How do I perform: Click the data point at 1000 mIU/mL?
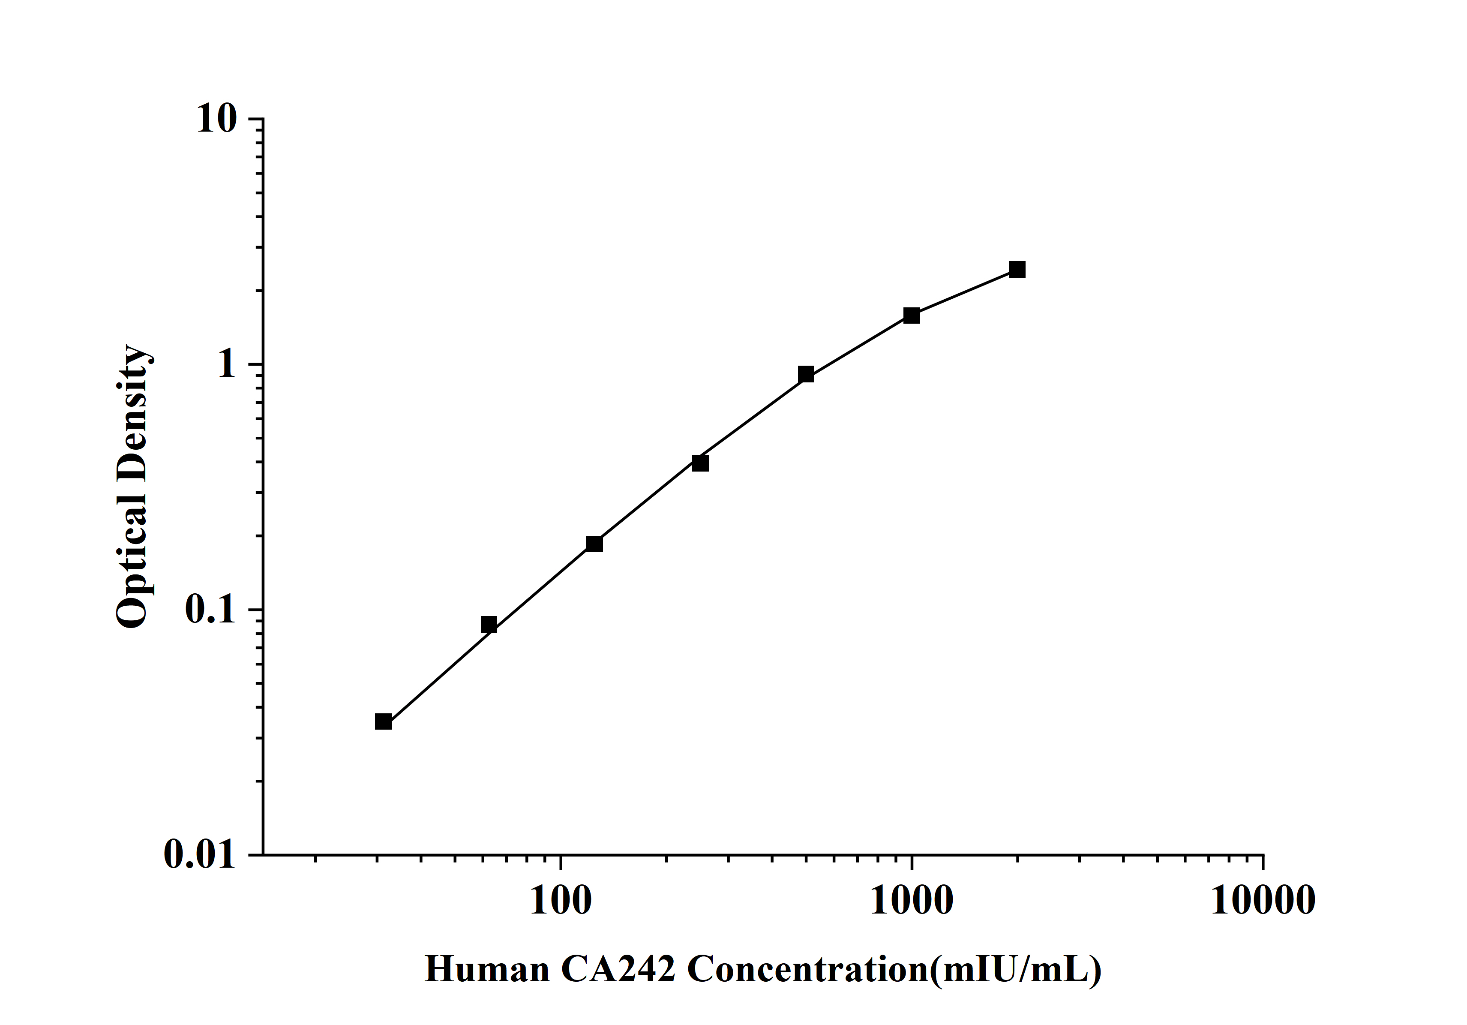pyautogui.click(x=911, y=315)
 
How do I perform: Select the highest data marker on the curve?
pyautogui.click(x=1017, y=269)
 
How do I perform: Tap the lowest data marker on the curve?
pyautogui.click(x=384, y=721)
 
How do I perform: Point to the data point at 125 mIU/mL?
pyautogui.click(x=594, y=544)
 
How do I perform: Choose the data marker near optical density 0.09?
pyautogui.click(x=489, y=624)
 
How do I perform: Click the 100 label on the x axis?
pyautogui.click(x=560, y=901)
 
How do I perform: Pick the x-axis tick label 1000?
pyautogui.click(x=911, y=901)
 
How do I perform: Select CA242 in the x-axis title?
pyautogui.click(x=618, y=969)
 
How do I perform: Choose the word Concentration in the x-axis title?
pyautogui.click(x=807, y=969)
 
